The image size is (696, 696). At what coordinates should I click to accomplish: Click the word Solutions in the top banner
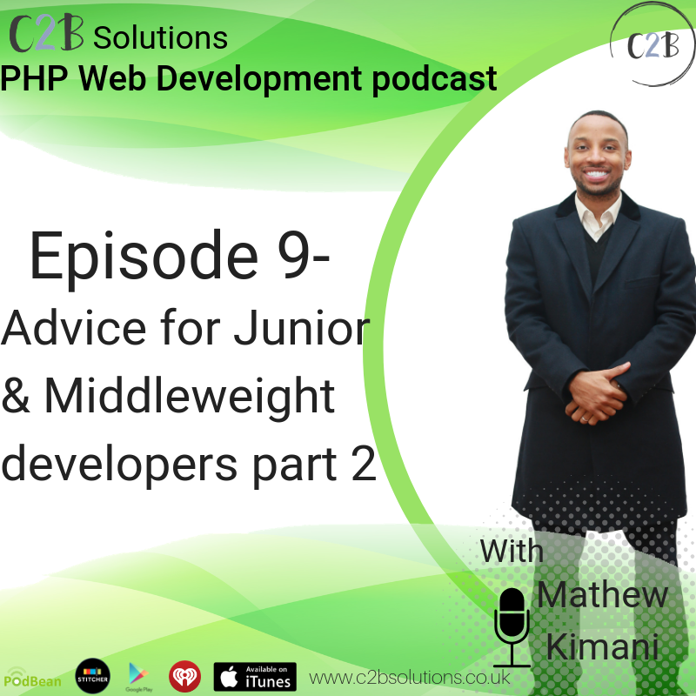pyautogui.click(x=160, y=37)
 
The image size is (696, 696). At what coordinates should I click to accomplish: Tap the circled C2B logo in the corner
pyautogui.click(x=652, y=44)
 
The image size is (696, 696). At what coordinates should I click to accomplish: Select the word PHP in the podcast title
pyautogui.click(x=34, y=78)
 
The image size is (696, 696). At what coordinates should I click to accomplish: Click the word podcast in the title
pyautogui.click(x=434, y=80)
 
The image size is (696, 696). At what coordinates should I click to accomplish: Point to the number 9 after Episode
pyautogui.click(x=294, y=255)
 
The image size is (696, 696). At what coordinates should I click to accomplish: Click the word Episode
pyautogui.click(x=144, y=258)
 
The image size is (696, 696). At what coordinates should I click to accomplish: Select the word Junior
pyautogui.click(x=302, y=328)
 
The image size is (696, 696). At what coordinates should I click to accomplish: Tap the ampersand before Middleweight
pyautogui.click(x=15, y=395)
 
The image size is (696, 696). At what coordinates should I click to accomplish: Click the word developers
pyautogui.click(x=119, y=467)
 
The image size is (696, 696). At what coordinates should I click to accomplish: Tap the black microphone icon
pyautogui.click(x=512, y=627)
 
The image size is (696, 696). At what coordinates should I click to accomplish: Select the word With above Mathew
pyautogui.click(x=512, y=552)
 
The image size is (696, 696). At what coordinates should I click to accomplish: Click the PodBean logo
pyautogui.click(x=32, y=678)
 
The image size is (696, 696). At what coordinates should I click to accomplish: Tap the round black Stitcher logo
pyautogui.click(x=93, y=676)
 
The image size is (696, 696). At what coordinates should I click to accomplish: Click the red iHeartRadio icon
pyautogui.click(x=184, y=677)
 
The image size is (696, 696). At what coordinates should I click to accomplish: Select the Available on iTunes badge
pyautogui.click(x=255, y=677)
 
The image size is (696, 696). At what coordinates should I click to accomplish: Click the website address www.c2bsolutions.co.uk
pyautogui.click(x=409, y=678)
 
